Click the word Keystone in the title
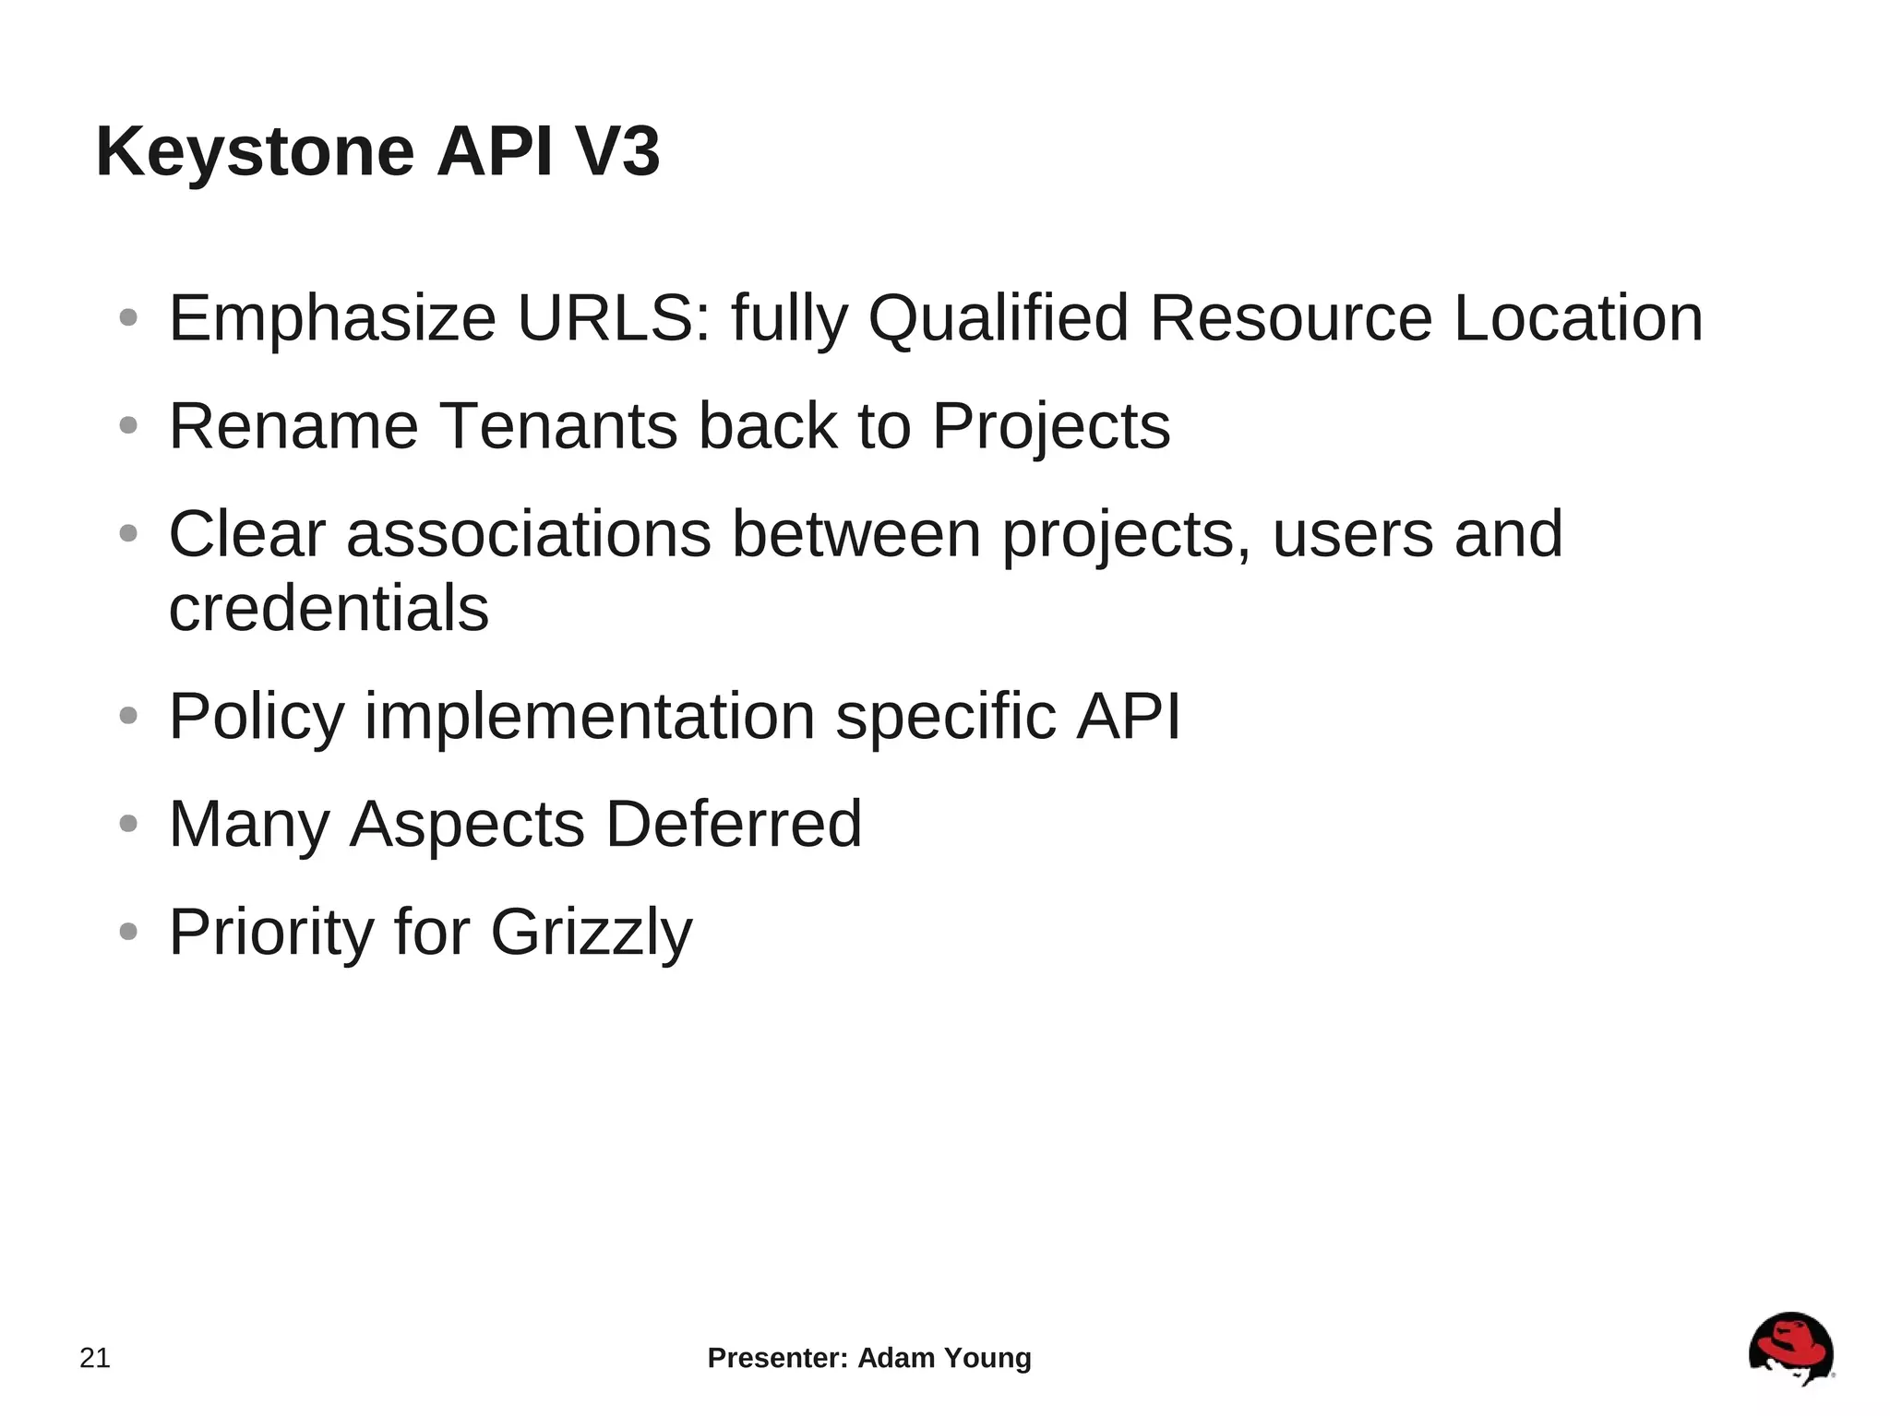pyautogui.click(x=255, y=152)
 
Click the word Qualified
pyautogui.click(x=999, y=318)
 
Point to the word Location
pyautogui.click(x=1578, y=318)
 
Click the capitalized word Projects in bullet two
pyautogui.click(x=1051, y=428)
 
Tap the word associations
pyautogui.click(x=529, y=534)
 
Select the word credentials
pyautogui.click(x=329, y=608)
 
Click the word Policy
pyautogui.click(x=257, y=717)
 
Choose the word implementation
pyautogui.click(x=590, y=717)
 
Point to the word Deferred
pyautogui.click(x=734, y=824)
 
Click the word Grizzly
pyautogui.click(x=592, y=933)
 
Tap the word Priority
pyautogui.click(x=271, y=933)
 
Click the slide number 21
pyautogui.click(x=95, y=1358)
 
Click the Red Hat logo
pyautogui.click(x=1790, y=1350)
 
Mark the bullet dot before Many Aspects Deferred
pyautogui.click(x=128, y=824)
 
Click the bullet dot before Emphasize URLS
pyautogui.click(x=128, y=318)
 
